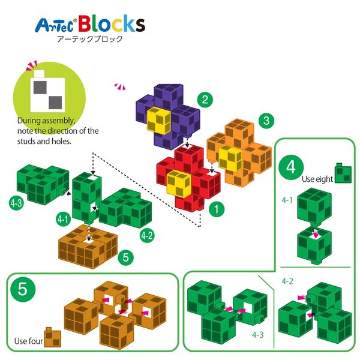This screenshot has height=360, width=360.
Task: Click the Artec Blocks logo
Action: coord(90,24)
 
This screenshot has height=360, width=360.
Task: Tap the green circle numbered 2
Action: coord(205,100)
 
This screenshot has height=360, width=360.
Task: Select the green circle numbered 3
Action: coord(266,121)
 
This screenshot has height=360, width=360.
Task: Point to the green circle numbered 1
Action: coord(217,209)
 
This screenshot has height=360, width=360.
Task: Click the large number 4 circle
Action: coord(291,167)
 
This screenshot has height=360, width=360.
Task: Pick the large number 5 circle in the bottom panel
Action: coord(23,289)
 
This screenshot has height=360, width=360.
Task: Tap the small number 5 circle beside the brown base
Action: coord(126,257)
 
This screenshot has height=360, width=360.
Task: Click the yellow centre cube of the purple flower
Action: coord(159,121)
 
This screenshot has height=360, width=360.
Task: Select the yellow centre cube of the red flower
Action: coord(179,184)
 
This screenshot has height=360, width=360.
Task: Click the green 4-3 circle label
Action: coord(16,203)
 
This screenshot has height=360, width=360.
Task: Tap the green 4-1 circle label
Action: coord(64,219)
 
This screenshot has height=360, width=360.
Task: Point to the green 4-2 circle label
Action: coord(147,235)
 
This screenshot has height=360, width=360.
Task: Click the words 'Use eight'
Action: coord(317,179)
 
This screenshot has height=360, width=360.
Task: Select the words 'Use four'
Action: coord(28,341)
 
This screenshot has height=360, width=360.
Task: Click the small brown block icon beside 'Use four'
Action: coord(53,337)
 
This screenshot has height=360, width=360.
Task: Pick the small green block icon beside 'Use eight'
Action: coord(343,173)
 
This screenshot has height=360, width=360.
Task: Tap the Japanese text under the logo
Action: coord(90,39)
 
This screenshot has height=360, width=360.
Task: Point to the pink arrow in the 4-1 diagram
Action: coord(316,234)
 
